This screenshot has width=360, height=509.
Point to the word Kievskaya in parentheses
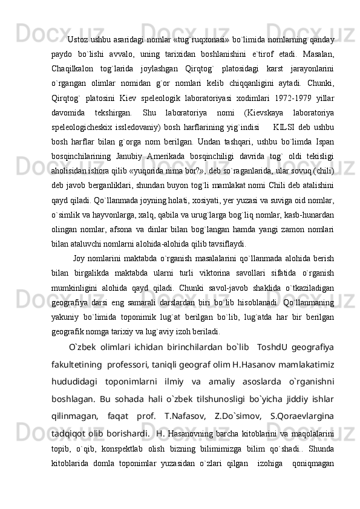(x=254, y=113)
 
